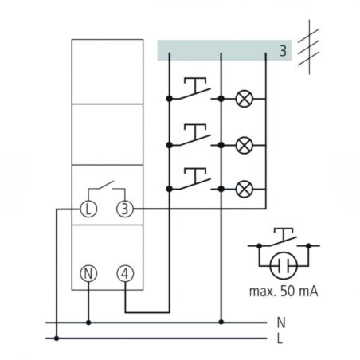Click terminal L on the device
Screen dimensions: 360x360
(88, 209)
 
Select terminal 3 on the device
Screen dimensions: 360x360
(125, 209)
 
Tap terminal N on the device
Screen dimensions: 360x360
(88, 273)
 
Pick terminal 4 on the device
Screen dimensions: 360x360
(125, 273)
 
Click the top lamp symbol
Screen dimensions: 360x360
(244, 99)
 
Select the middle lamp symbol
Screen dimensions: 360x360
(244, 145)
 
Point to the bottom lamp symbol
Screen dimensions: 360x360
(244, 189)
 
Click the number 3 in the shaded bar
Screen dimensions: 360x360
(283, 50)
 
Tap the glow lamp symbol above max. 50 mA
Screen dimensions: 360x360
(284, 265)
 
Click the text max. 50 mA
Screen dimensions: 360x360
(284, 292)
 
